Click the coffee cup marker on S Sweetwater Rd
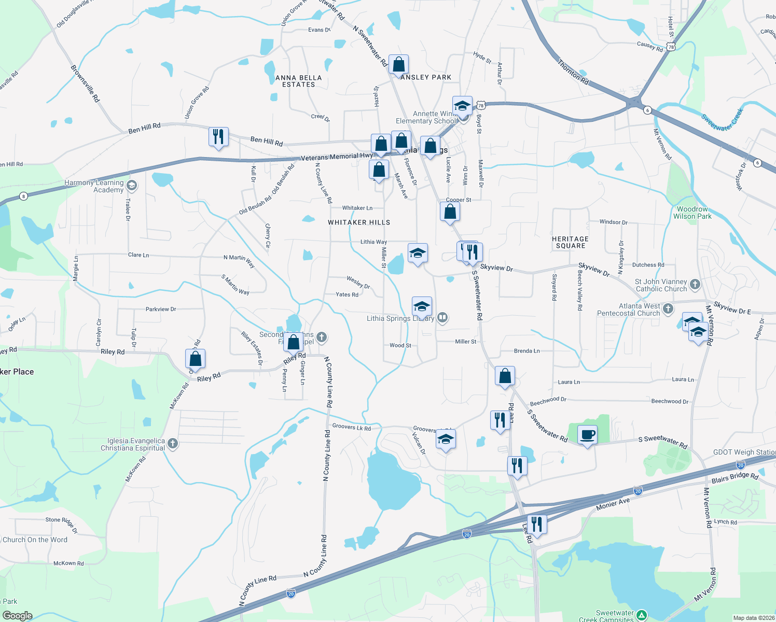pyautogui.click(x=587, y=435)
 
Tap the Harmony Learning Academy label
pyautogui.click(x=94, y=186)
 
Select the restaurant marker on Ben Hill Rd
pyautogui.click(x=218, y=137)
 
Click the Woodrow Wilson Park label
pyautogui.click(x=692, y=213)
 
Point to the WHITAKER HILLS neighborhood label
pyautogui.click(x=359, y=222)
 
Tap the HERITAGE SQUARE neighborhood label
pyautogui.click(x=570, y=242)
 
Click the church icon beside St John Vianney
pyautogui.click(x=695, y=284)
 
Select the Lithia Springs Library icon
pyautogui.click(x=442, y=317)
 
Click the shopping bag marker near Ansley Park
pyautogui.click(x=398, y=65)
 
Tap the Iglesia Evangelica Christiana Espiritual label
pyautogui.click(x=133, y=444)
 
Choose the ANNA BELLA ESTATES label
pyautogui.click(x=299, y=81)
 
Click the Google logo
pyautogui.click(x=18, y=615)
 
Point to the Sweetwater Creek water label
pyautogui.click(x=722, y=119)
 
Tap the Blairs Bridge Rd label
pyautogui.click(x=735, y=477)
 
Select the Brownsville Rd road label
pyautogui.click(x=85, y=83)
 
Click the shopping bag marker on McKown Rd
pyautogui.click(x=195, y=359)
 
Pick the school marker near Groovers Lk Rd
pyautogui.click(x=446, y=440)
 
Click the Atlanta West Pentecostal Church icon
pyautogui.click(x=668, y=309)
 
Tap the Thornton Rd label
pyautogui.click(x=573, y=72)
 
